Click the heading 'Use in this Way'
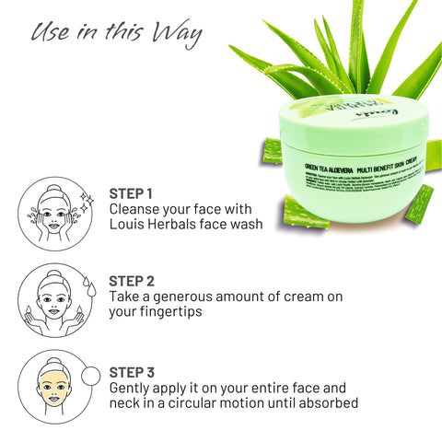pyautogui.click(x=115, y=34)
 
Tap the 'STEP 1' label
pyautogui.click(x=131, y=193)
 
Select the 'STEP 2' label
pyautogui.click(x=132, y=281)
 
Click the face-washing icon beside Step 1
pyautogui.click(x=51, y=213)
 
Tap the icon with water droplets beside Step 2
pyautogui.click(x=51, y=299)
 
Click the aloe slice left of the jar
pyautogui.click(x=273, y=150)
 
